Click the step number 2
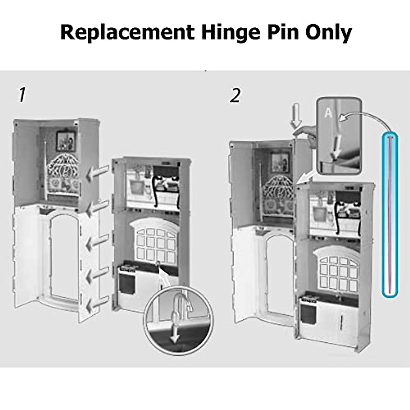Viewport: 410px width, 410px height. (x=235, y=95)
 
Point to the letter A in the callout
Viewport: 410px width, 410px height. (x=328, y=113)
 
